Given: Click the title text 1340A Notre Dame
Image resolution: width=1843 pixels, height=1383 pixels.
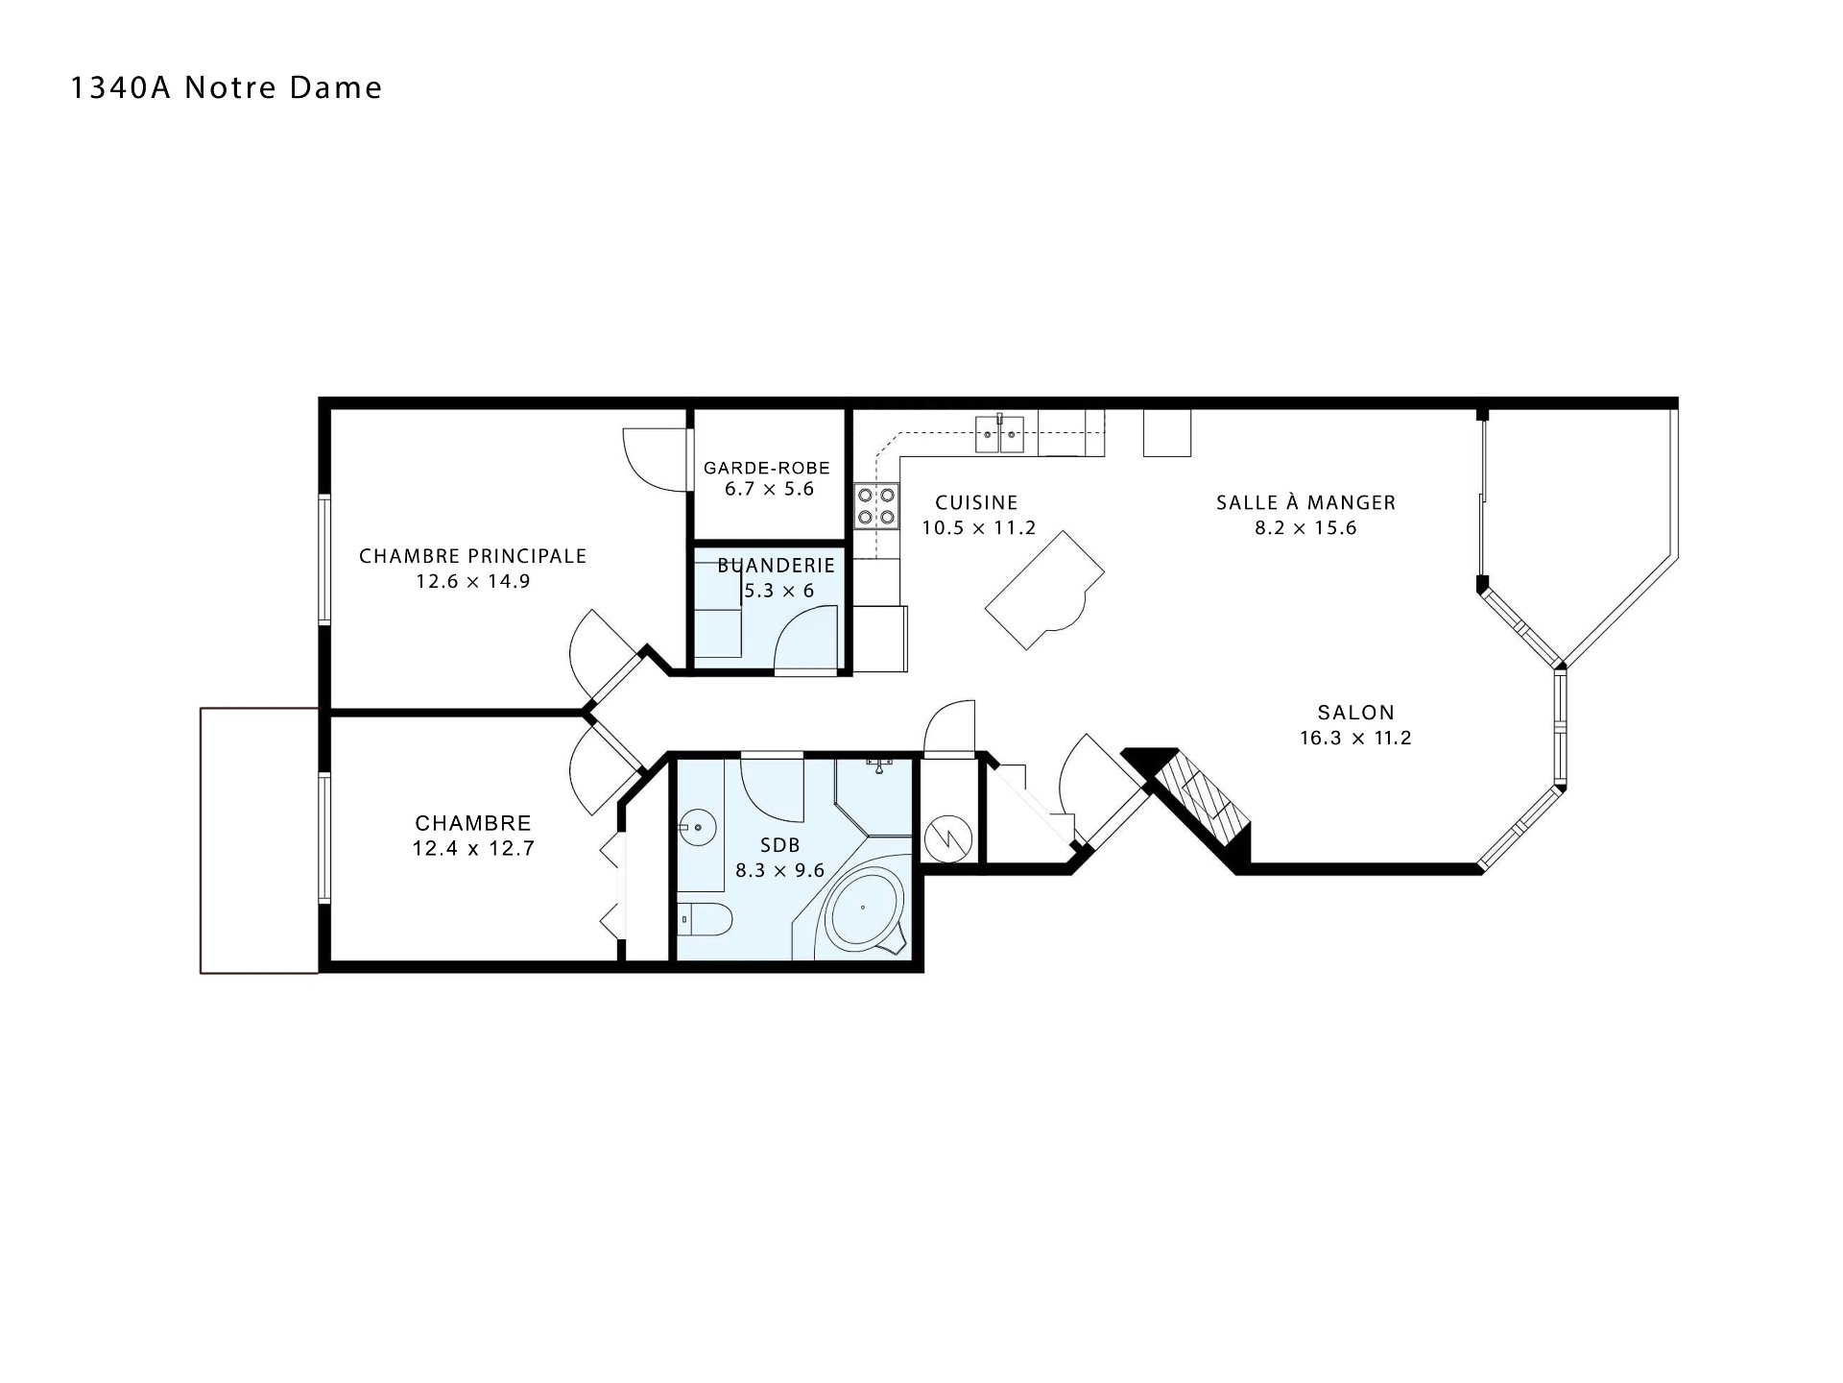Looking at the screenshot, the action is tap(227, 87).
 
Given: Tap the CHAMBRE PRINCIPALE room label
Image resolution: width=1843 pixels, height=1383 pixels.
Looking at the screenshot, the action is tap(472, 556).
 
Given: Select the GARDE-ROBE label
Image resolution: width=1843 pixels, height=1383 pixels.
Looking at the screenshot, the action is tap(767, 468).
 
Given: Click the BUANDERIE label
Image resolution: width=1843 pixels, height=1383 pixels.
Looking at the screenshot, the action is tap(777, 566).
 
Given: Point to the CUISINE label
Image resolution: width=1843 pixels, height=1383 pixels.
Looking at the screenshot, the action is tap(976, 502).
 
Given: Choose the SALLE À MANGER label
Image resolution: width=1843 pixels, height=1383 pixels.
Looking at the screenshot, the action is tap(1305, 502).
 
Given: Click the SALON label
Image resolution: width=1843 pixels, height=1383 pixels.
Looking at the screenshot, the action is tap(1355, 713).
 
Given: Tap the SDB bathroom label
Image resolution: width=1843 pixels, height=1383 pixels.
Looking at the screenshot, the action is tap(779, 846).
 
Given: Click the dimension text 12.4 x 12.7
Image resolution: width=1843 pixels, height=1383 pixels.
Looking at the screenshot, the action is tap(473, 849).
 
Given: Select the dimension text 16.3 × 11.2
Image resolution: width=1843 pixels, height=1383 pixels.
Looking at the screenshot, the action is tap(1355, 739).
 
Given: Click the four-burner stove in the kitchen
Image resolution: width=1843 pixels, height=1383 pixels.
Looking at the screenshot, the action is tap(877, 506).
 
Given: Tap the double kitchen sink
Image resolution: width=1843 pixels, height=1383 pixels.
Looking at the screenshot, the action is tap(1000, 434).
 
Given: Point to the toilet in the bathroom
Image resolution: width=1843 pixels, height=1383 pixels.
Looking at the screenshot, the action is tap(705, 920).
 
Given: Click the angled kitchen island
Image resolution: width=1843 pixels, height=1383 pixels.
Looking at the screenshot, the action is tap(1045, 592).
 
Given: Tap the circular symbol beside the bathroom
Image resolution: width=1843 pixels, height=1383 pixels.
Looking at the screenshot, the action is tap(947, 839).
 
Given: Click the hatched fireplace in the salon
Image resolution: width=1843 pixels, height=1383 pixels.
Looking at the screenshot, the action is tap(1204, 799).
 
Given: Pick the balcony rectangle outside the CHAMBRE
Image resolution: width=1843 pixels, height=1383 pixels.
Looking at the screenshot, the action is tap(259, 840).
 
